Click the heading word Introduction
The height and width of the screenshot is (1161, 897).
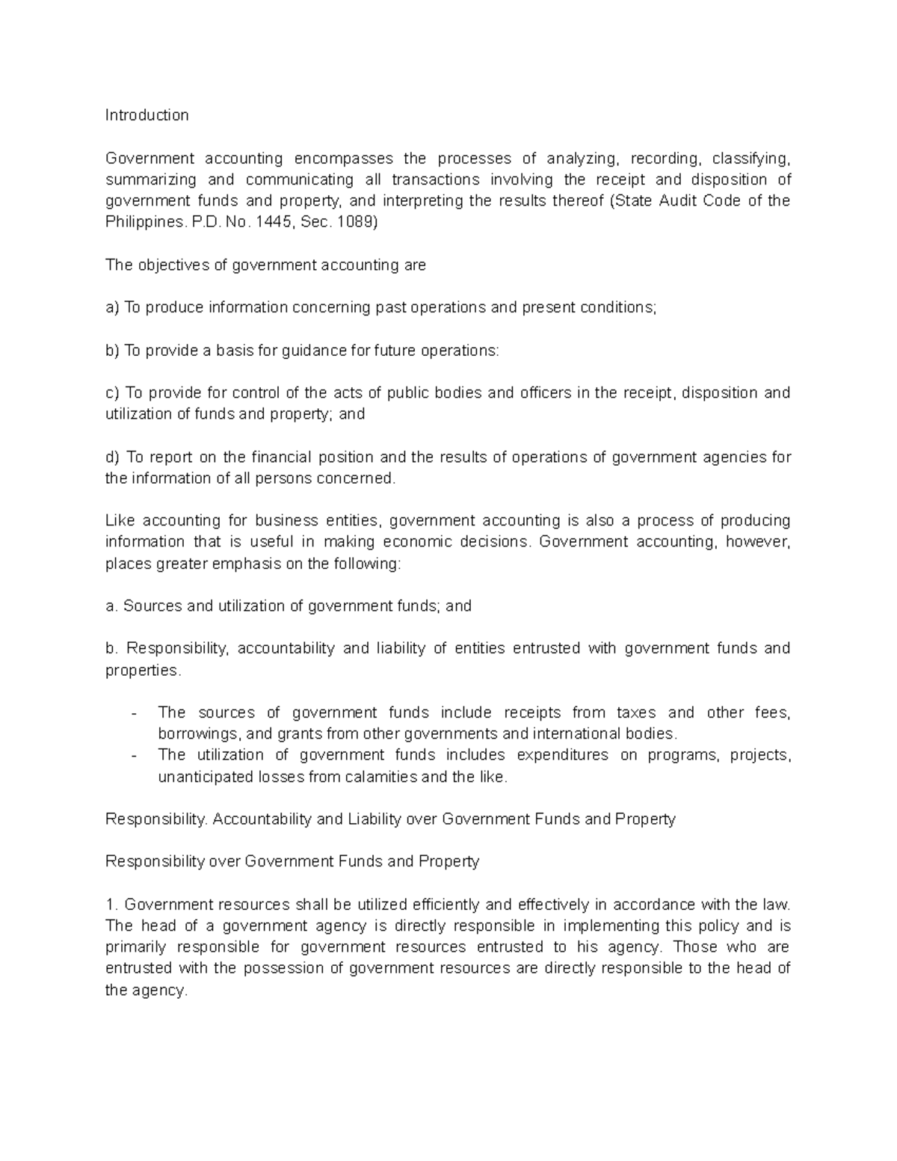pyautogui.click(x=147, y=115)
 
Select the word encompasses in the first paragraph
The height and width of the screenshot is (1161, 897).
pyautogui.click(x=343, y=158)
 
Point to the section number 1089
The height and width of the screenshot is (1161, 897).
pyautogui.click(x=357, y=223)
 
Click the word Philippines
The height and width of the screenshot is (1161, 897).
pyautogui.click(x=144, y=223)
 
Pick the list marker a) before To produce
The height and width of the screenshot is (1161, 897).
pyautogui.click(x=112, y=308)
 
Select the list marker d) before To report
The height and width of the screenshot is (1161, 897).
pyautogui.click(x=112, y=458)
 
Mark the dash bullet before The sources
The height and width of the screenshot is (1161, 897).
pyautogui.click(x=134, y=713)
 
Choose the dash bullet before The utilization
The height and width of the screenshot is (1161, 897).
pyautogui.click(x=134, y=756)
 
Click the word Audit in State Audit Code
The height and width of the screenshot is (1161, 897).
pyautogui.click(x=678, y=201)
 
